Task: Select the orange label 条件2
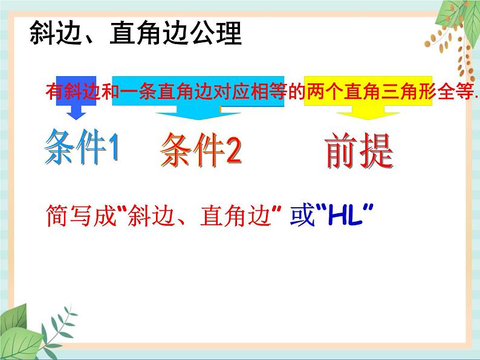(x=201, y=150)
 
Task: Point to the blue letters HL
(x=342, y=216)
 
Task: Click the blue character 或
(x=302, y=216)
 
